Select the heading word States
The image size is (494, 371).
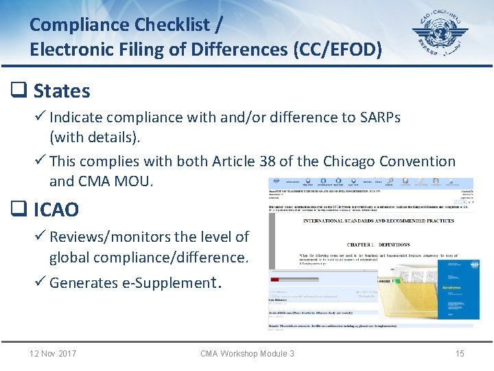point(62,91)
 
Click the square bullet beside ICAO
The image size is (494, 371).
point(18,210)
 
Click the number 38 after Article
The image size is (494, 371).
point(267,161)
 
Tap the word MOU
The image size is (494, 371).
point(138,181)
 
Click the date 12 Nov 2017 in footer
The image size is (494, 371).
point(53,354)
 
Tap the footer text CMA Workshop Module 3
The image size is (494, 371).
point(247,354)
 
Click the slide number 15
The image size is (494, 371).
point(460,354)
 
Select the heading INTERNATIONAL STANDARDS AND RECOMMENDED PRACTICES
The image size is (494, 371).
point(379,221)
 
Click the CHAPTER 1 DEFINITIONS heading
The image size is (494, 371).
point(379,245)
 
